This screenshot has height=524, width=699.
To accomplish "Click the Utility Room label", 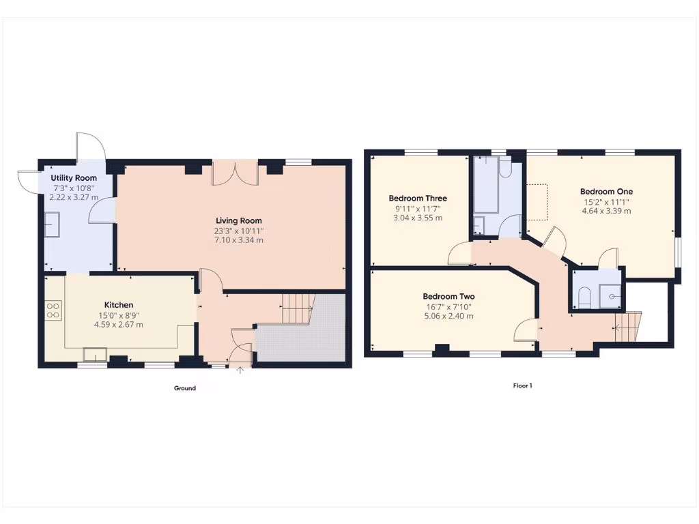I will tap(73, 178).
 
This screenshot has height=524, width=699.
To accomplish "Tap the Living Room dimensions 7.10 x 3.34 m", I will tap(238, 240).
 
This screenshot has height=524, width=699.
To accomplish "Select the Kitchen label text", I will tap(118, 305).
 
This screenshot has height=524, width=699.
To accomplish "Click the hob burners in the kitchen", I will tap(53, 311).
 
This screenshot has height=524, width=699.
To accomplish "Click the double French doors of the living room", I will tap(235, 173).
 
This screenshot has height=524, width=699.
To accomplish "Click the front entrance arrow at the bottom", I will tap(240, 371).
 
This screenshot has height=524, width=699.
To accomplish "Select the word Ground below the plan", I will tap(184, 388).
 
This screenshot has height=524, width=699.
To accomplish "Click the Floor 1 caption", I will tap(522, 385).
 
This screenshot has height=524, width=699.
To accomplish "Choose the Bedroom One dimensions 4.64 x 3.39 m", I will tap(606, 212).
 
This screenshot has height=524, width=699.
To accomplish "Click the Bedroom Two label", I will tap(448, 297).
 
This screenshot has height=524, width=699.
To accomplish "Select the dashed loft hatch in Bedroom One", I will tap(537, 202).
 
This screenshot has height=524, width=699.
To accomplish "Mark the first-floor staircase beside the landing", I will tap(628, 325).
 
